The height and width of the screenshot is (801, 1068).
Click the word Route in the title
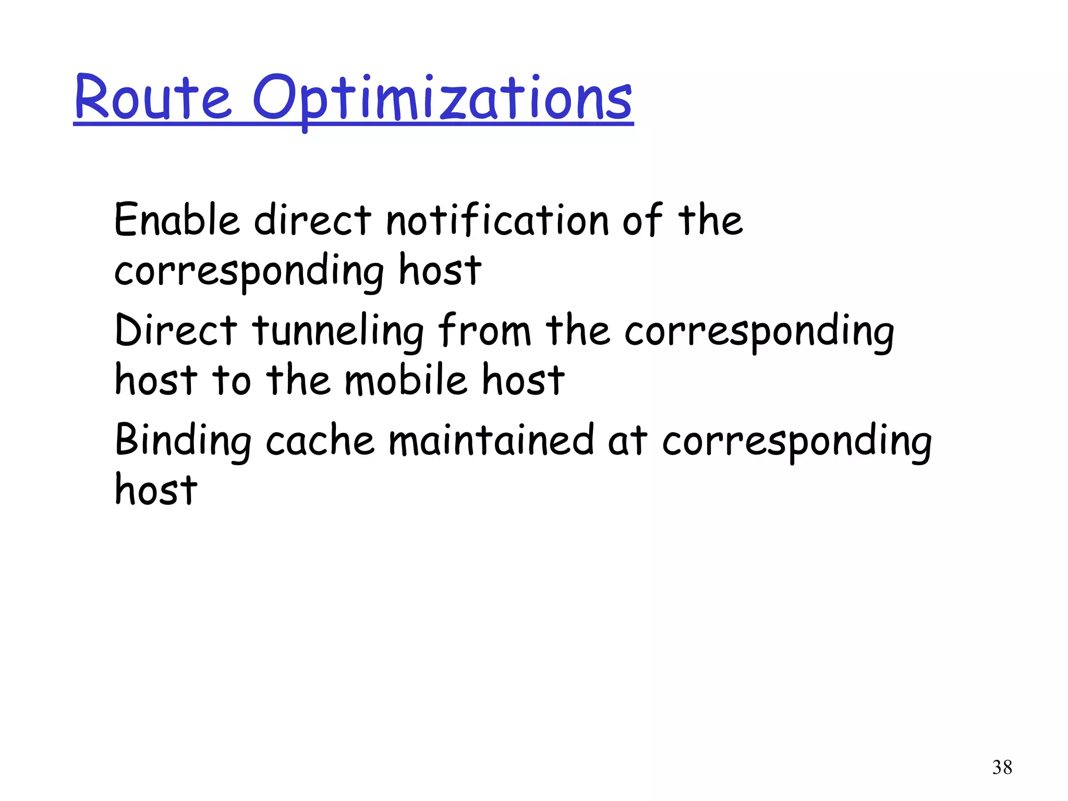152,98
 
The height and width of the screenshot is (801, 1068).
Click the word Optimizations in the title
442,99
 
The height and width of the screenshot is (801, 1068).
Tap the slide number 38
1002,768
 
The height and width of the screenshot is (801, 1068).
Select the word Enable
177,220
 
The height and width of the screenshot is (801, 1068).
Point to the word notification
497,220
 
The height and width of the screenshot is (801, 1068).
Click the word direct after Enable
312,220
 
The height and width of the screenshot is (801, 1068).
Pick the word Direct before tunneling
176,331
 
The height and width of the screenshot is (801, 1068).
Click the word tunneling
338,332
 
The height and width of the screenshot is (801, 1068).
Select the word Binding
183,441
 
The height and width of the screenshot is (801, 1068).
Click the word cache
320,441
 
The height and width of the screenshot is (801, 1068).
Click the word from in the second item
484,331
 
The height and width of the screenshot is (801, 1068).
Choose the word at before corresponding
628,441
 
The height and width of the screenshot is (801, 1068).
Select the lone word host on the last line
156,490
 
